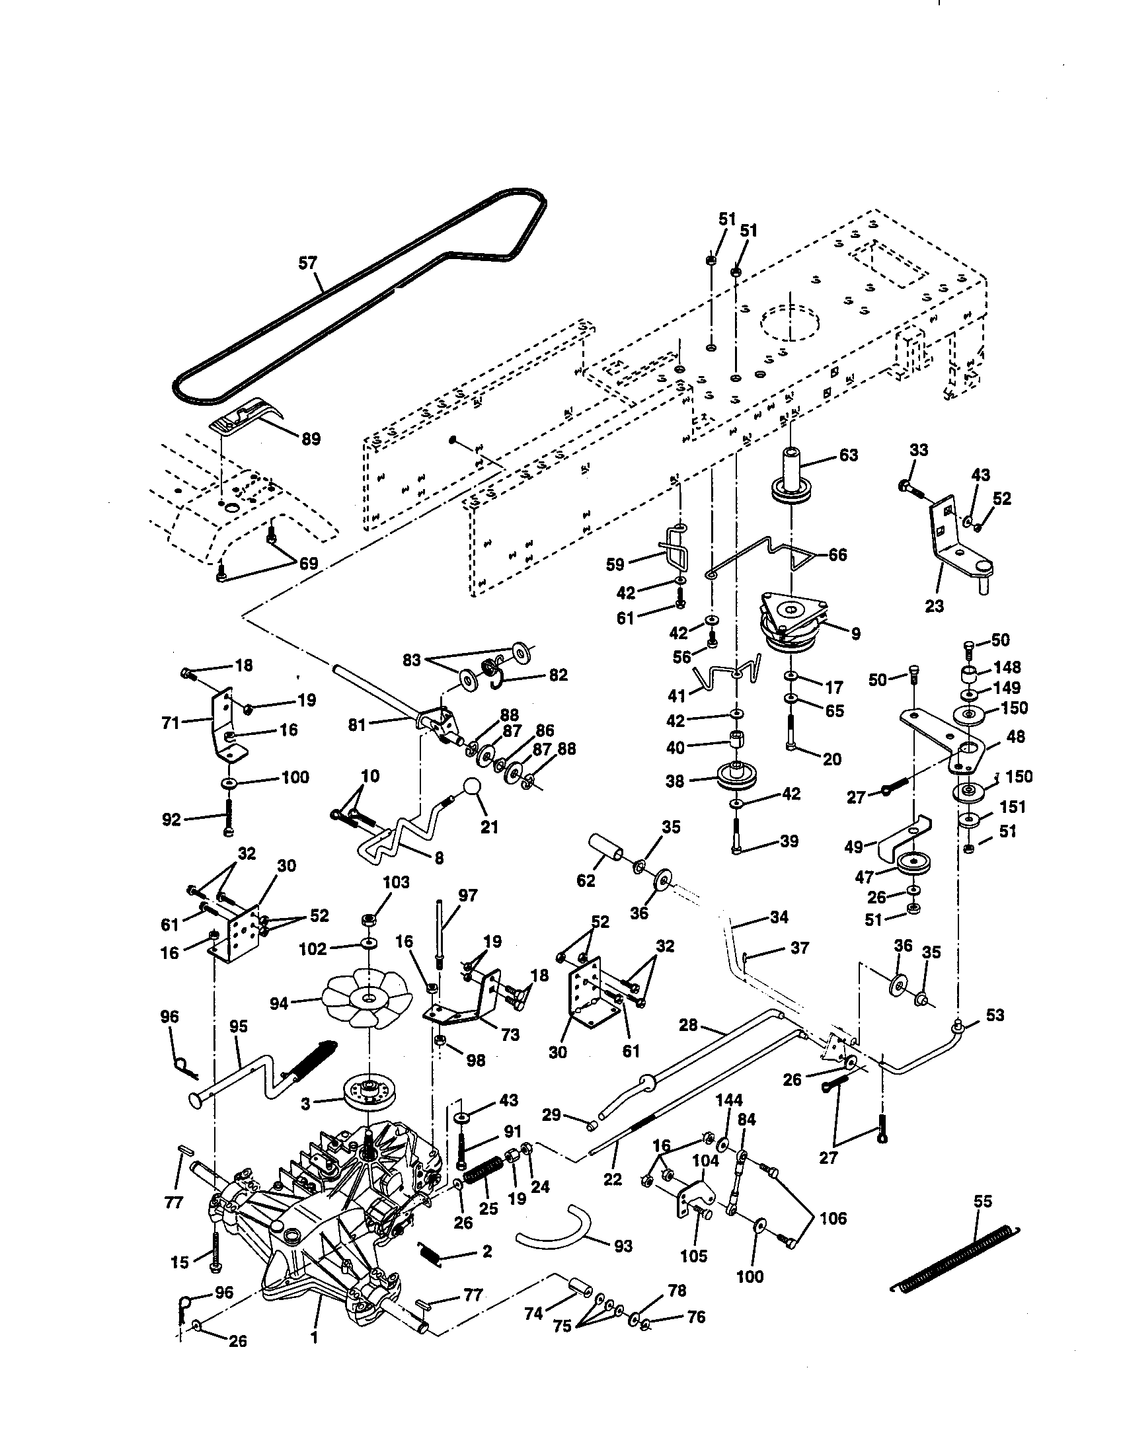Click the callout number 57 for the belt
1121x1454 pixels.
pos(307,263)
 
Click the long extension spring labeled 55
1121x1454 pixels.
pos(954,1260)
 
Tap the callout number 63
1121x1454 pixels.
pos(848,455)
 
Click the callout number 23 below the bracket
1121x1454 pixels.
pos(935,606)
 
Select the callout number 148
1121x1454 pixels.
pos(1007,666)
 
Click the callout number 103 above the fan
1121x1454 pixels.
pos(397,883)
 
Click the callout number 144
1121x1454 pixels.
pos(729,1100)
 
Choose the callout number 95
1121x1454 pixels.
pos(238,1026)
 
